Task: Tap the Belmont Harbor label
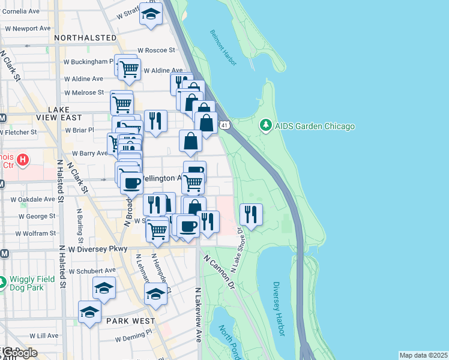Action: (x=223, y=47)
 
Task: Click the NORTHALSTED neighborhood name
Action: (x=85, y=38)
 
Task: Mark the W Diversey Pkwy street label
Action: (x=89, y=248)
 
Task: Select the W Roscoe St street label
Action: (x=156, y=50)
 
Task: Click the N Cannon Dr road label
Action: (x=217, y=273)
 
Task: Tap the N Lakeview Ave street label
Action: (x=197, y=315)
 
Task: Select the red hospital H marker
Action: (x=22, y=160)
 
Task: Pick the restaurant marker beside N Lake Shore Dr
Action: (x=251, y=214)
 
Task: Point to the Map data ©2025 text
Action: (x=423, y=355)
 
